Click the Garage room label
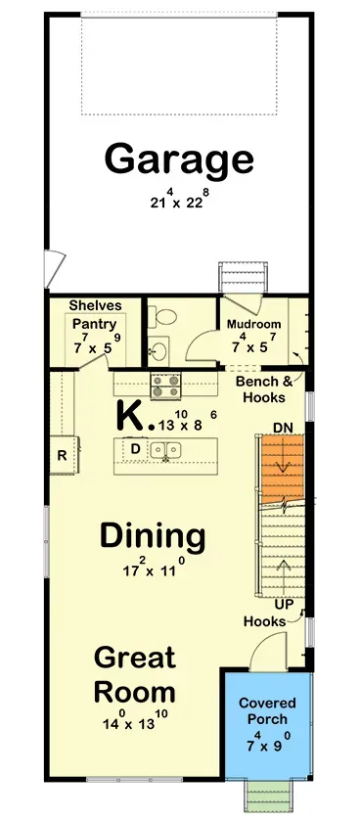click(x=179, y=158)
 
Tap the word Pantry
click(x=95, y=325)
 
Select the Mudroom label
click(x=253, y=325)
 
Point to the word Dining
click(x=153, y=536)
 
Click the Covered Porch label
click(x=266, y=711)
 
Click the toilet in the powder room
click(x=164, y=318)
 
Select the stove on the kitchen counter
click(x=164, y=385)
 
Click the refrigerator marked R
click(x=61, y=454)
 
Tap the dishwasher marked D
click(x=135, y=449)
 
